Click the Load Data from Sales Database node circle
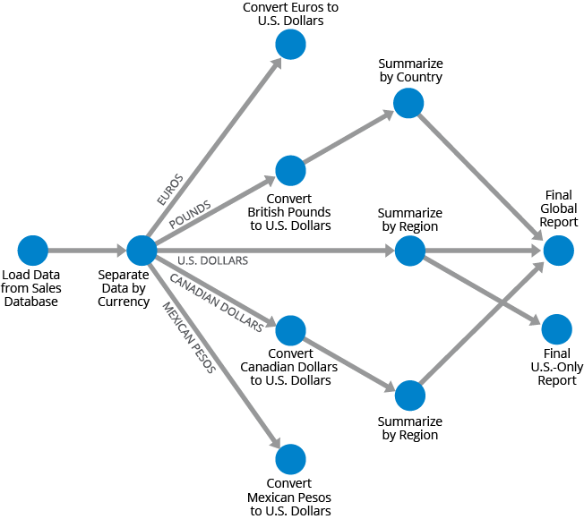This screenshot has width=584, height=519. (x=32, y=251)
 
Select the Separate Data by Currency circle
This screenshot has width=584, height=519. (x=142, y=251)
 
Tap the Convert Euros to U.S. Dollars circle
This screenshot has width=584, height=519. (x=290, y=44)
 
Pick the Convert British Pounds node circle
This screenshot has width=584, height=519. (x=290, y=170)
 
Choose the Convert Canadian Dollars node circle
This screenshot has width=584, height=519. (x=290, y=330)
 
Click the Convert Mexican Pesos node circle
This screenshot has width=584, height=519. (x=290, y=459)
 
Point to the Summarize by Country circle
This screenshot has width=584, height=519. (x=408, y=104)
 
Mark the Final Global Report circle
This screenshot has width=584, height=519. (x=557, y=251)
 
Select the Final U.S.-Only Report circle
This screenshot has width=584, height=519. (x=557, y=329)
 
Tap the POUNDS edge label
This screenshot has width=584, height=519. (x=190, y=213)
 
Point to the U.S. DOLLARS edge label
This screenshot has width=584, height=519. (x=212, y=260)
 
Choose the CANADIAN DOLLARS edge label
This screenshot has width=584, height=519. (x=216, y=303)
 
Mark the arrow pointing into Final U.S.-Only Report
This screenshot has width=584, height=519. (x=484, y=291)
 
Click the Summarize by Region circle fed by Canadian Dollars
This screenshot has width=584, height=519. (x=408, y=395)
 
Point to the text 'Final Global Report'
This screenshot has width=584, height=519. (x=560, y=208)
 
